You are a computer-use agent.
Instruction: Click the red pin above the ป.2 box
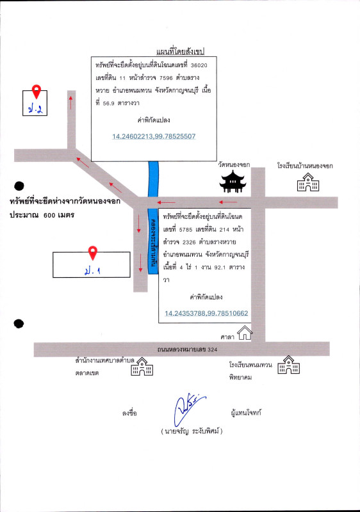37,92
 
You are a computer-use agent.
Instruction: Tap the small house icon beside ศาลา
245,333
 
